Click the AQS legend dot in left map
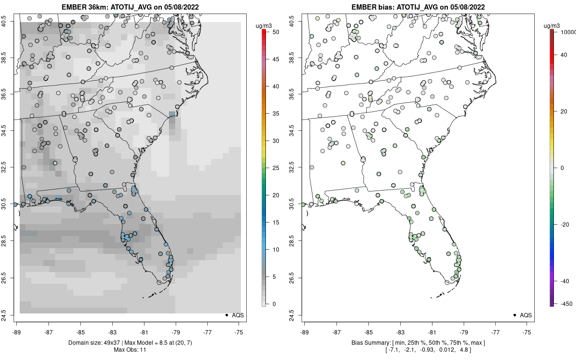pos(226,315)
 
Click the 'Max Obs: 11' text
pos(130,349)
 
